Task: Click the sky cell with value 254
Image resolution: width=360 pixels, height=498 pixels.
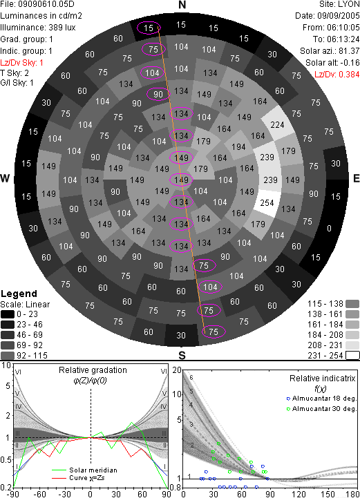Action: point(267,202)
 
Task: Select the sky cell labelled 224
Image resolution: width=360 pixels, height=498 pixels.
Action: point(277,124)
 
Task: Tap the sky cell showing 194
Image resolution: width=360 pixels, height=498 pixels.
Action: point(238,146)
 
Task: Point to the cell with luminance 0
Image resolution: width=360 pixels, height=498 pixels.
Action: point(329,228)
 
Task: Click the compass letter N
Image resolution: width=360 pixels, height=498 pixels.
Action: point(182,5)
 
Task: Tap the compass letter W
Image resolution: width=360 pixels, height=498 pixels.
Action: point(5,178)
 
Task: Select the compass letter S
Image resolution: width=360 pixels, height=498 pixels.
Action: point(182,355)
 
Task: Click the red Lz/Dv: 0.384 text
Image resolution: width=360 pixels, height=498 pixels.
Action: point(337,75)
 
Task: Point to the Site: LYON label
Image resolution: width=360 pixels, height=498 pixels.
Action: point(339,4)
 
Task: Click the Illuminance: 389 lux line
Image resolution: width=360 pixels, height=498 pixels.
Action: point(38,28)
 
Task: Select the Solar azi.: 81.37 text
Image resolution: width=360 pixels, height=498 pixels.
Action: point(330,51)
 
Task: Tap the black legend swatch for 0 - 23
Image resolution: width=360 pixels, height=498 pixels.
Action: point(8,314)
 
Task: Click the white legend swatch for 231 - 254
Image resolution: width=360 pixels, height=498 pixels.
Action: point(352,356)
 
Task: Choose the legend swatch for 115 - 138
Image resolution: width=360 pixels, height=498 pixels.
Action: point(352,304)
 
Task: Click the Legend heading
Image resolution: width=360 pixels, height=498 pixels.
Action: point(19,294)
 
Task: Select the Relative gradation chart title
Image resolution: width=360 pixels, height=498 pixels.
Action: point(93,370)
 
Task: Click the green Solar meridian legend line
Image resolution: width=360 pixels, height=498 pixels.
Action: point(59,470)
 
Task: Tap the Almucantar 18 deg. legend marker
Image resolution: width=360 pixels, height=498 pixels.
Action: point(289,399)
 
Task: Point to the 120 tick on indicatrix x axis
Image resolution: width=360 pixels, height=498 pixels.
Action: point(299,494)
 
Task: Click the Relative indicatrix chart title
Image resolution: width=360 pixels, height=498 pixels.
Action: point(323,379)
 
